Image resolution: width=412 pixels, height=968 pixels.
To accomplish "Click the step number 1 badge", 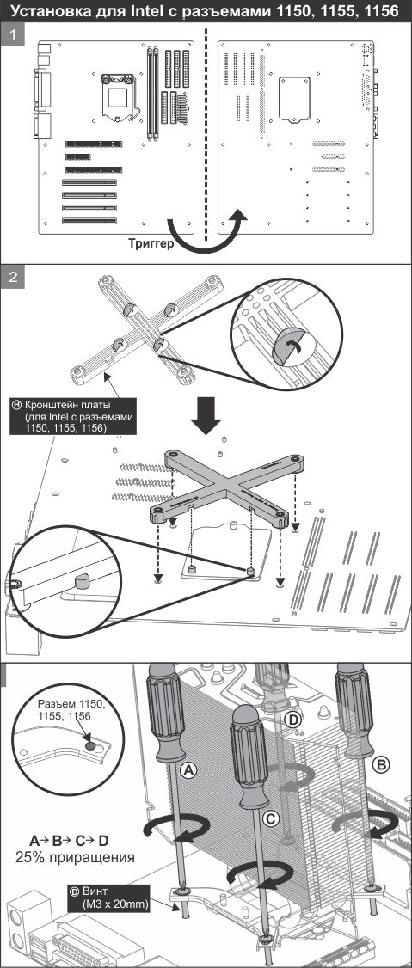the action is (x=12, y=34).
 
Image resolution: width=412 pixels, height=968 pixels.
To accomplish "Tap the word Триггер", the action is (x=151, y=242).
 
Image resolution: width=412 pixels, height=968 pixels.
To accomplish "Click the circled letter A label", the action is (x=189, y=769).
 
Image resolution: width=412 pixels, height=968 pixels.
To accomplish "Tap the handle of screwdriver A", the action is (x=165, y=713).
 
